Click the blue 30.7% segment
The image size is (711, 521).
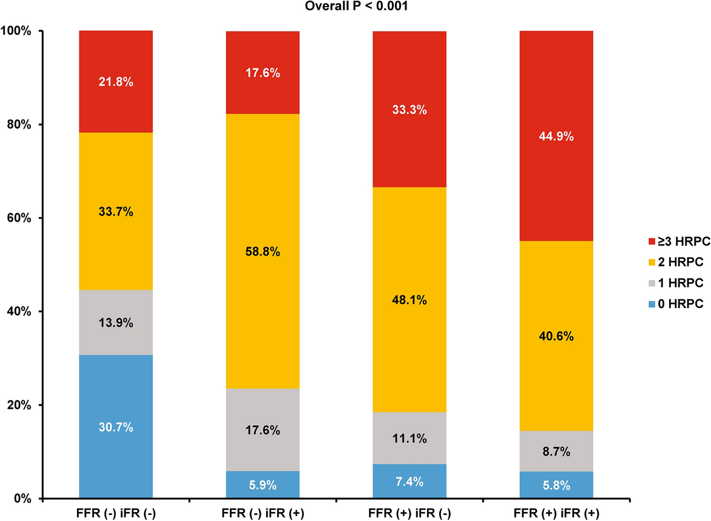coord(116,426)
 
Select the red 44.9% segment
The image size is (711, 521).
coord(556,136)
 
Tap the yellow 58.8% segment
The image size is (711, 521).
coord(263,251)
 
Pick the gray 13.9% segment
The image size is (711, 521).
coord(116,322)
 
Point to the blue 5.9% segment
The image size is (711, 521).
coord(263,485)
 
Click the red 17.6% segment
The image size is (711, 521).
coord(263,73)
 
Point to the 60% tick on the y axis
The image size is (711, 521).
coord(22,218)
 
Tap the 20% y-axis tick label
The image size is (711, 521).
coord(22,405)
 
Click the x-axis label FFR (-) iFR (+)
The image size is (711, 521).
coord(263,511)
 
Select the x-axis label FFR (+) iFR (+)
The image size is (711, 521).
coord(556,511)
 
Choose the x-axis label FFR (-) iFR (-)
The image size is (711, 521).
coord(116,511)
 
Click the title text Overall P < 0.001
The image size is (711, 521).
coord(365,7)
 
